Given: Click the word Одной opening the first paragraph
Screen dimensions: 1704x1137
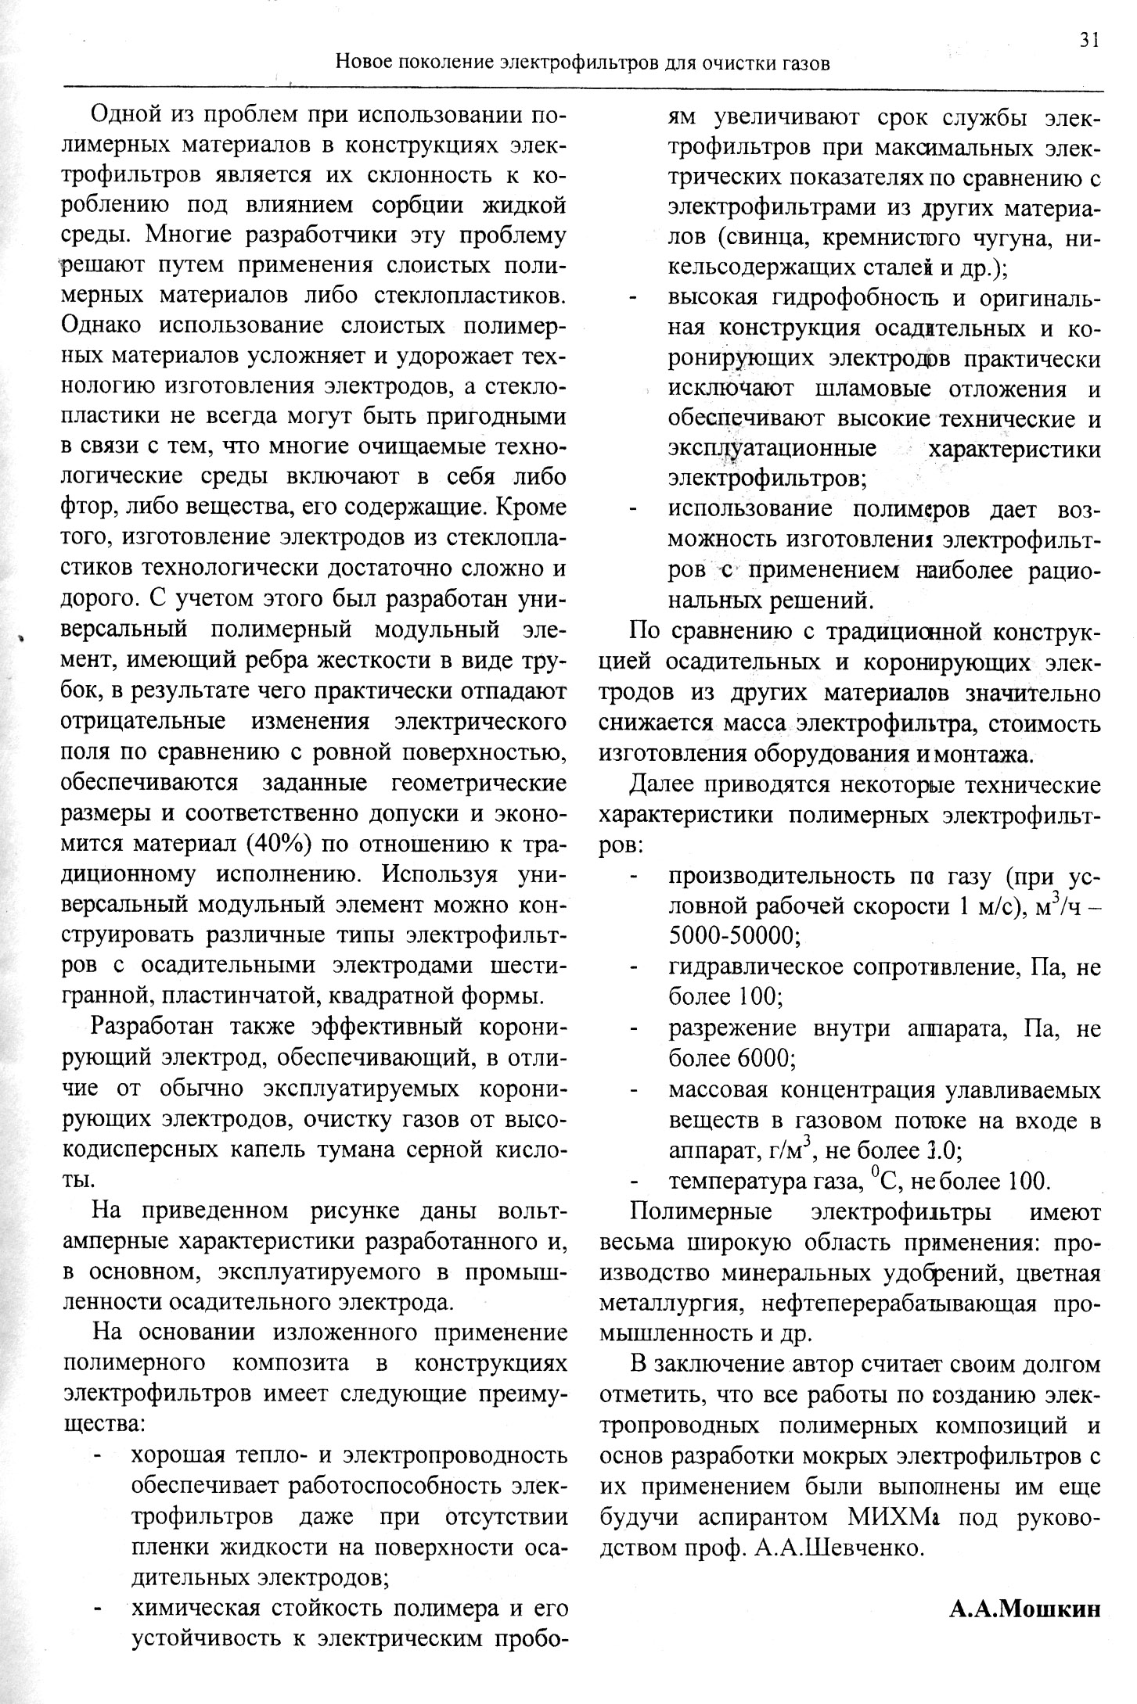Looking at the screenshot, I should coord(128,115).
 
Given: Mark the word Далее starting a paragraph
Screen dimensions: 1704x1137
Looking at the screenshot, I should coord(673,784).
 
